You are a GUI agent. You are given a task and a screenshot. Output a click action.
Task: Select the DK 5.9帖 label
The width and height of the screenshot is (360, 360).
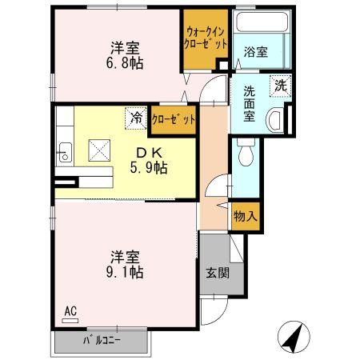(150, 159)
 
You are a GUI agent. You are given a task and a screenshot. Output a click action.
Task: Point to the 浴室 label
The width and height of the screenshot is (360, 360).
(257, 52)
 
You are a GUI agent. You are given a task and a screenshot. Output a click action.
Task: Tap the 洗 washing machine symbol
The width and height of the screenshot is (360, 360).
(280, 83)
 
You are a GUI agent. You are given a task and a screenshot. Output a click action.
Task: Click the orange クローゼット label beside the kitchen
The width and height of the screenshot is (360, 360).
(174, 119)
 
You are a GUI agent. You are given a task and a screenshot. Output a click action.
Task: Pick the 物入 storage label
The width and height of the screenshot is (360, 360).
(245, 215)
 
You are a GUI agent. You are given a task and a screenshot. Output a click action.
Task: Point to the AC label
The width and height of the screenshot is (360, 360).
(70, 310)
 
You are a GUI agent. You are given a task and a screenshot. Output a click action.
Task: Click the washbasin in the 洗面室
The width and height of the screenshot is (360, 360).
(275, 121)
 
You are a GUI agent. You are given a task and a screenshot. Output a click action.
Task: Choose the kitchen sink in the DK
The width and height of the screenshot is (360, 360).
(62, 152)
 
